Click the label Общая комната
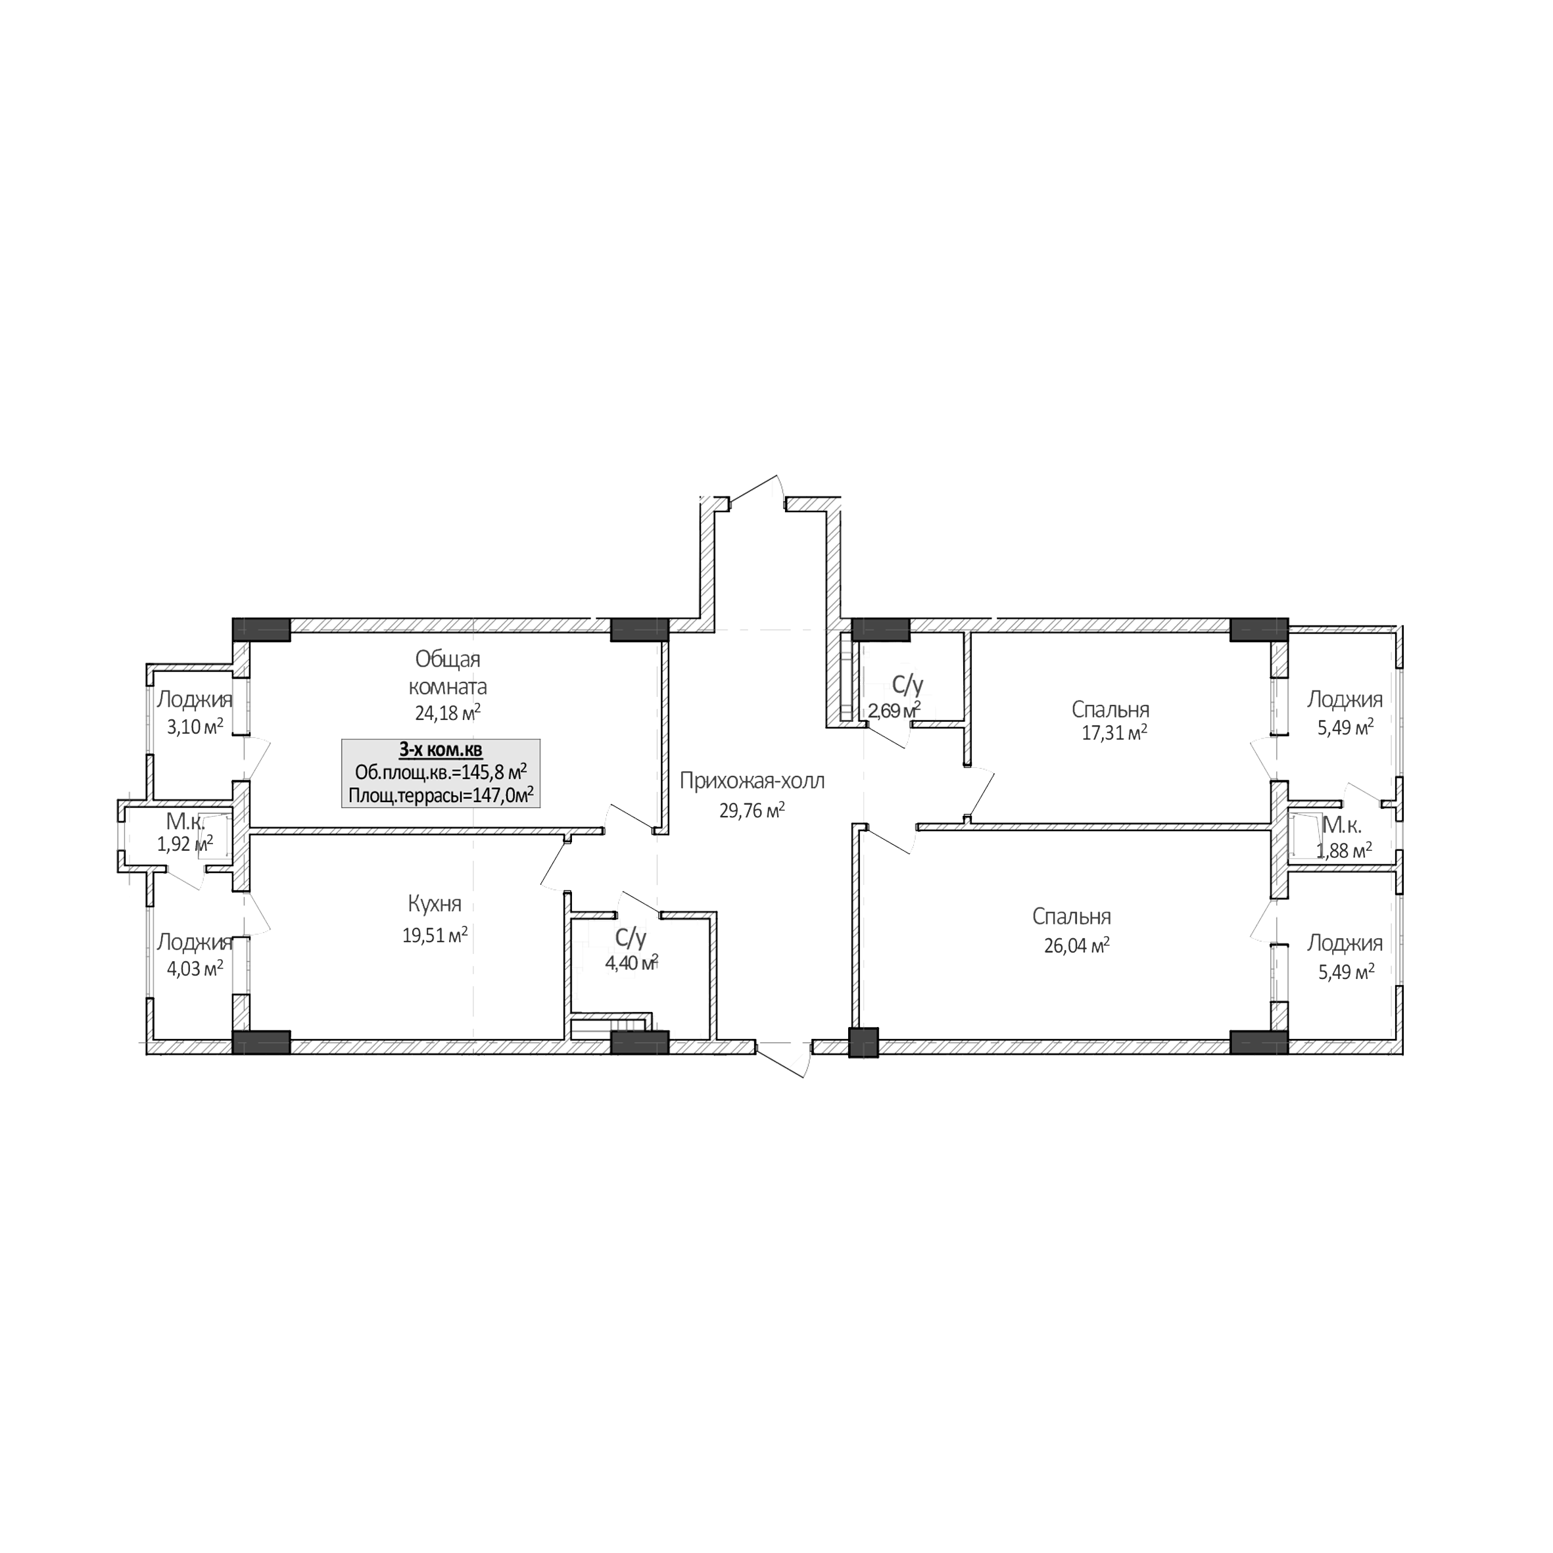click(x=448, y=674)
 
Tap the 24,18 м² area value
click(x=448, y=713)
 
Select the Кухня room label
click(x=434, y=904)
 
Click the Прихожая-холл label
click(x=752, y=780)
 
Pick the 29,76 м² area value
click(x=752, y=810)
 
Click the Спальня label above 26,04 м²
click(x=1072, y=917)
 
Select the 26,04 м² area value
click(x=1076, y=945)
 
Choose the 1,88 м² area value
click(x=1344, y=849)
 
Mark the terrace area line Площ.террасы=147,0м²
click(x=441, y=796)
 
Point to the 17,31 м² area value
click(x=1114, y=733)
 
